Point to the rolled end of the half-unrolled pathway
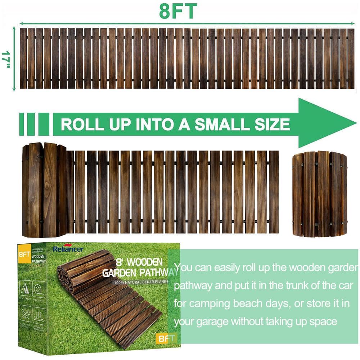tap(44, 190)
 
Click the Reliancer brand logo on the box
tap(68, 249)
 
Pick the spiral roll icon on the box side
tap(39, 288)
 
